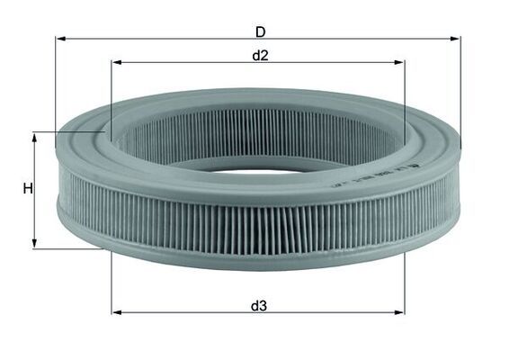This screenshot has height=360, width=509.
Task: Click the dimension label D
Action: [260, 31]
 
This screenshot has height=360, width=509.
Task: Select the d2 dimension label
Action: [260, 56]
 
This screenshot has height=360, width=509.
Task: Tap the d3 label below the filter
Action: [259, 305]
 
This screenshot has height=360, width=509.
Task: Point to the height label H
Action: [28, 189]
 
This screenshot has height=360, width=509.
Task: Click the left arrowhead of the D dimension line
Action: [60, 40]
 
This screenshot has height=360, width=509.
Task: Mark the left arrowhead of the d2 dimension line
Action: [116, 63]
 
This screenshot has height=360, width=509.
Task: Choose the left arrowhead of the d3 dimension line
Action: [116, 312]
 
